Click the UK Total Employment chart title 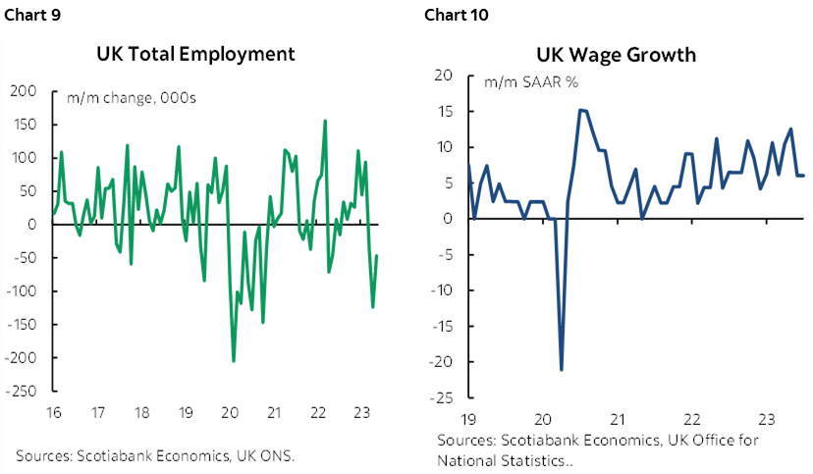tap(194, 54)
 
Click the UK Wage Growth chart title tap(616, 54)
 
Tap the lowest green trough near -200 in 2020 tap(233, 360)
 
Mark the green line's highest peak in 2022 tap(325, 121)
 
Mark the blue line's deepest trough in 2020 tap(562, 369)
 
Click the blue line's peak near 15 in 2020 tap(581, 110)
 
